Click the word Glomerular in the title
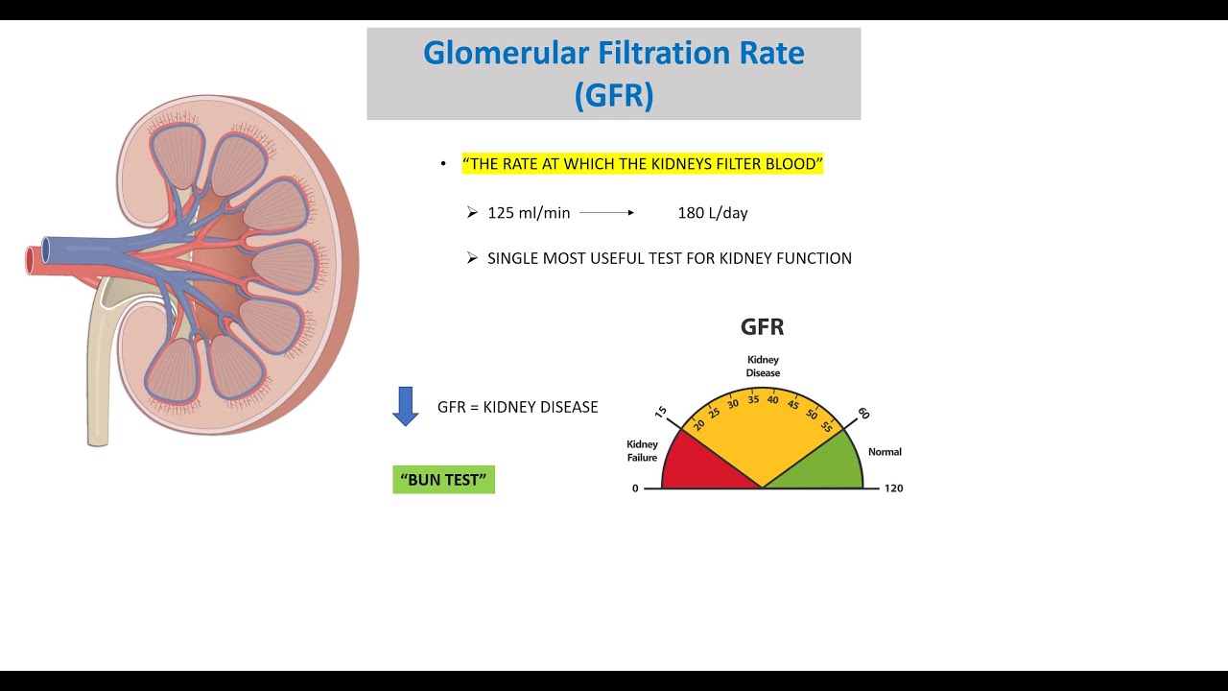506,53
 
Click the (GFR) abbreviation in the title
614,95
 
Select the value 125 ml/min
529,213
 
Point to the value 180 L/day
712,213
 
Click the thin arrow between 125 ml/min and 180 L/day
606,213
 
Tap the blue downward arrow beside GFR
406,406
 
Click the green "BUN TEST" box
443,479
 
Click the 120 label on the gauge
893,488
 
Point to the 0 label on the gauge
635,488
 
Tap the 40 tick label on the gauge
772,400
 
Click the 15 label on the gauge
661,412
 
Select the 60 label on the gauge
863,413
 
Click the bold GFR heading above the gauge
762,327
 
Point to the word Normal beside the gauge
885,452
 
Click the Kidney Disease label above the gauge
763,367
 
